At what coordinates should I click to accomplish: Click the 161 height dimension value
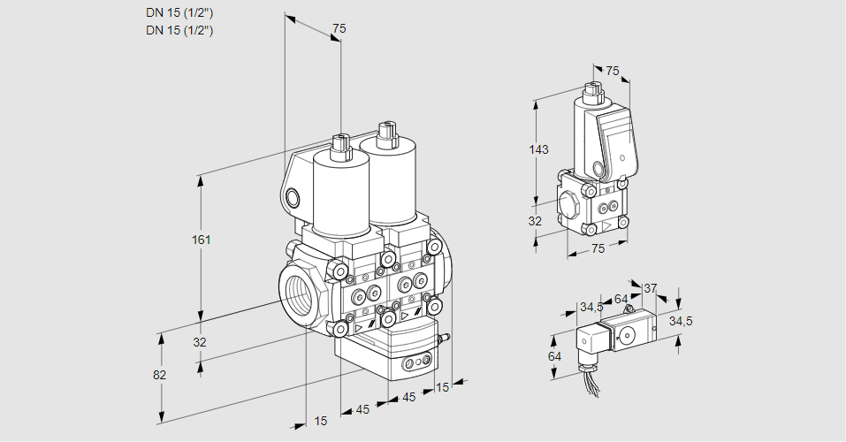point(202,240)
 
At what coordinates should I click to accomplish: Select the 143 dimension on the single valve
point(539,150)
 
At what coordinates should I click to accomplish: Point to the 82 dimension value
point(159,375)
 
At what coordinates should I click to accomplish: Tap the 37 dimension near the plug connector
point(650,288)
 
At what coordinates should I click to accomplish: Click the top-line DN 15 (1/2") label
point(180,12)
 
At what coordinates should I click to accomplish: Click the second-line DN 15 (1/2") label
point(180,30)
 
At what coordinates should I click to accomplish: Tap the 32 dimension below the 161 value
point(200,342)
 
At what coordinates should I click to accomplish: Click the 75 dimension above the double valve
point(339,29)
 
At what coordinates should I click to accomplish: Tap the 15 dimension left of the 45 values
point(320,422)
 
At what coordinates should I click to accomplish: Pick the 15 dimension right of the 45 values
point(443,386)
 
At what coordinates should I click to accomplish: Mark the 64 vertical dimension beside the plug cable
point(553,356)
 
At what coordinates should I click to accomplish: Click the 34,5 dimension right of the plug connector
point(681,321)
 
